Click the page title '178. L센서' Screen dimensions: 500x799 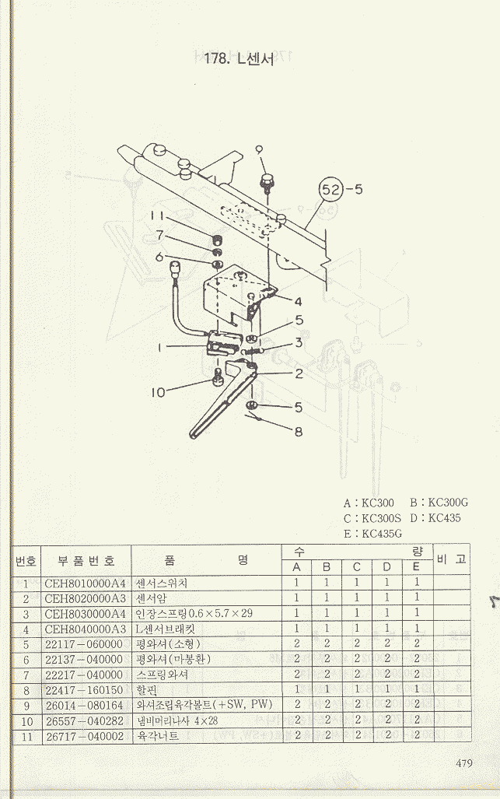coord(239,58)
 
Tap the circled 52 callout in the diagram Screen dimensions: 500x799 coord(331,190)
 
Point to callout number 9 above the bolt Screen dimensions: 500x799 coord(259,151)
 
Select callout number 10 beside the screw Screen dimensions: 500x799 coord(159,392)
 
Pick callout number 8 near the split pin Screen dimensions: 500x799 coord(299,432)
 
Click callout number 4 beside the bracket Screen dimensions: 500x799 coord(299,301)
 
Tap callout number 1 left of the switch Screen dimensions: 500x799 coord(159,348)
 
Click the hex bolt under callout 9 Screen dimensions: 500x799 coord(266,182)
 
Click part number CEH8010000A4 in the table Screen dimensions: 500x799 coord(85,583)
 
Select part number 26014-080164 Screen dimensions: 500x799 coord(84,705)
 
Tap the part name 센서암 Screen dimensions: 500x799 coord(151,598)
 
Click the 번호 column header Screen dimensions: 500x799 coord(26,561)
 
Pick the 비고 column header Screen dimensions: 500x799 coord(451,559)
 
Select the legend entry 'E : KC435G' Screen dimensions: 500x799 coord(372,534)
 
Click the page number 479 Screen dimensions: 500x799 coord(464,763)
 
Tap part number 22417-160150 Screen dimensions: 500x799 coord(84,690)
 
